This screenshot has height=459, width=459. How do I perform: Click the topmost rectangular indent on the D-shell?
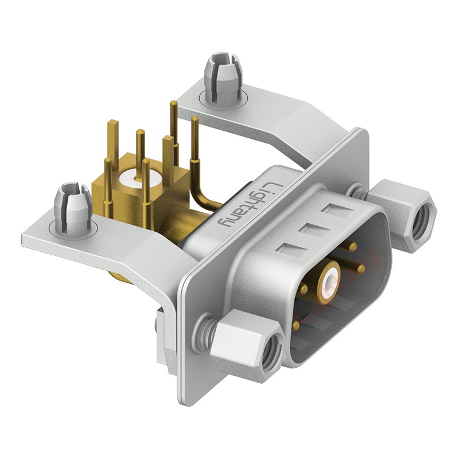[334, 209]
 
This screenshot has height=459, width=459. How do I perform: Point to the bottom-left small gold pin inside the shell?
[295, 325]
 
